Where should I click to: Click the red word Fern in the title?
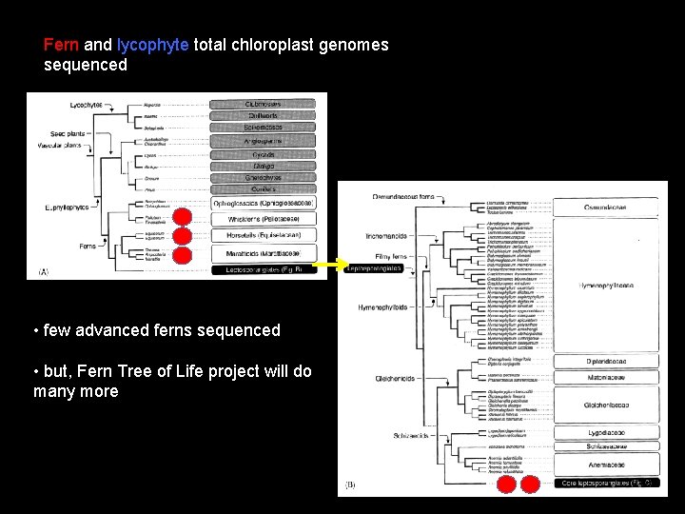pos(62,45)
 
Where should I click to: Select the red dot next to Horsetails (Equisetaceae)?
pos(183,235)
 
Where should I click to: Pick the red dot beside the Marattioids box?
pos(183,253)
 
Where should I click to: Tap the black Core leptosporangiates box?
pos(608,484)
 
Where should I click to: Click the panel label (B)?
pos(349,485)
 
